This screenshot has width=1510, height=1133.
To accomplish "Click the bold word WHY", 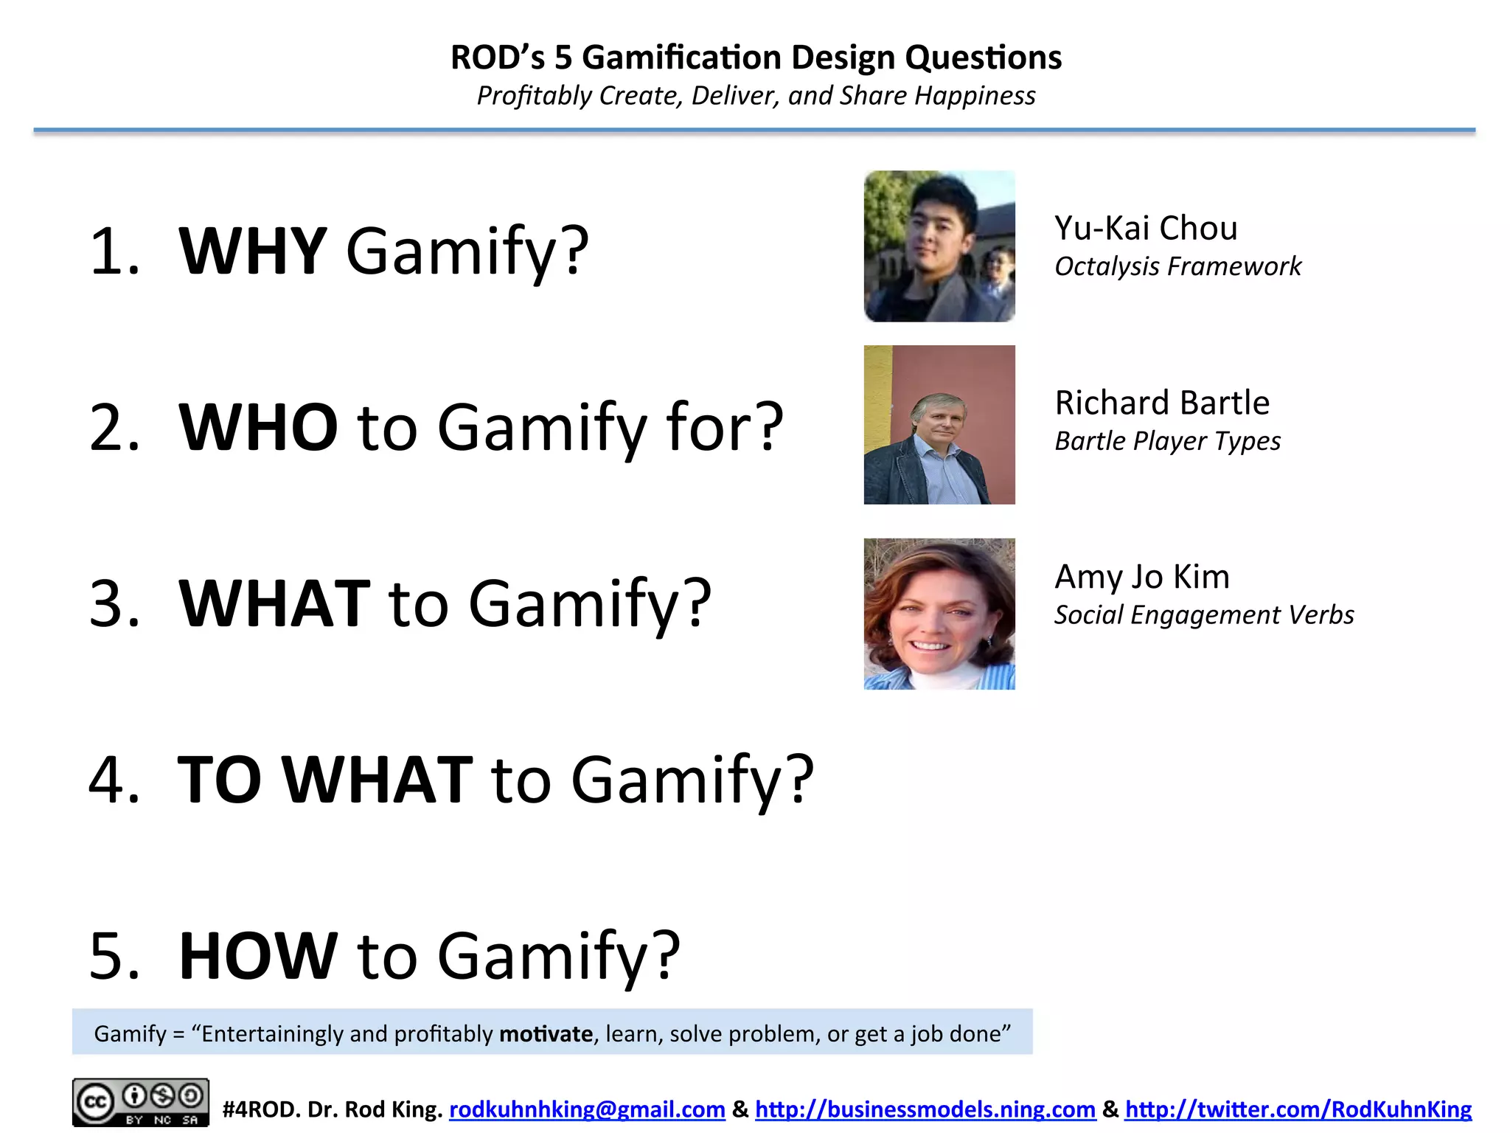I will [x=252, y=251].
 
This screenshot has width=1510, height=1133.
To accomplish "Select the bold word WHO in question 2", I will [x=258, y=427].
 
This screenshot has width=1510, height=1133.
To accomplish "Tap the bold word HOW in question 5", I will [x=258, y=956].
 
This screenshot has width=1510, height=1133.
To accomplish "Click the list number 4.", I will [x=114, y=780].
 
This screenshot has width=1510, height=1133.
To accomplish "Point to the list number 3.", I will [x=114, y=603].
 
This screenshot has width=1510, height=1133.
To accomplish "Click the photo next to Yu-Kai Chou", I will [x=939, y=246].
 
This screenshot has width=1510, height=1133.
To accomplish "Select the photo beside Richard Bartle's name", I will [x=939, y=425].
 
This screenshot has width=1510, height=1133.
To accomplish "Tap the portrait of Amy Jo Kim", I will [x=939, y=614].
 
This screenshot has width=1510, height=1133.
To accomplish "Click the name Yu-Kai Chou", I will [x=1145, y=228].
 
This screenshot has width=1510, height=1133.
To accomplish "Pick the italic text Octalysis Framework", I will [x=1177, y=266].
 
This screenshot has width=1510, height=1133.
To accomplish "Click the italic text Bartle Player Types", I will [x=1167, y=441].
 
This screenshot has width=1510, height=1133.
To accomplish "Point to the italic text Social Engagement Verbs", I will [x=1203, y=615].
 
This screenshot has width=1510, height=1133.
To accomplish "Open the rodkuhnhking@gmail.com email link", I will [x=587, y=1109].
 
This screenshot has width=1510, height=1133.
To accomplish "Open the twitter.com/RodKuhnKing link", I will [x=1298, y=1109].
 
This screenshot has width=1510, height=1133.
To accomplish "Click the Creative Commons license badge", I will [x=140, y=1102].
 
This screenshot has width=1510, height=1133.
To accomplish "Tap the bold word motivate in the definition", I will [x=546, y=1034].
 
